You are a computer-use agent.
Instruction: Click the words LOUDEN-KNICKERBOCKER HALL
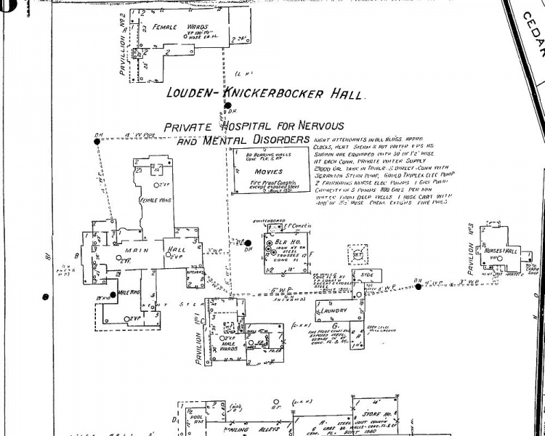(x=267, y=92)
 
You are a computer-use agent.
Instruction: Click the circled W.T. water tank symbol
(x=358, y=254)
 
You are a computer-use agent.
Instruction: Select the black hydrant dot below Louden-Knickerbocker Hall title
(x=227, y=106)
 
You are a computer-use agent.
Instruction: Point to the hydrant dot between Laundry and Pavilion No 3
(x=418, y=286)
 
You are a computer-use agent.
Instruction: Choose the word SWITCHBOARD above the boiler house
(x=267, y=219)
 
